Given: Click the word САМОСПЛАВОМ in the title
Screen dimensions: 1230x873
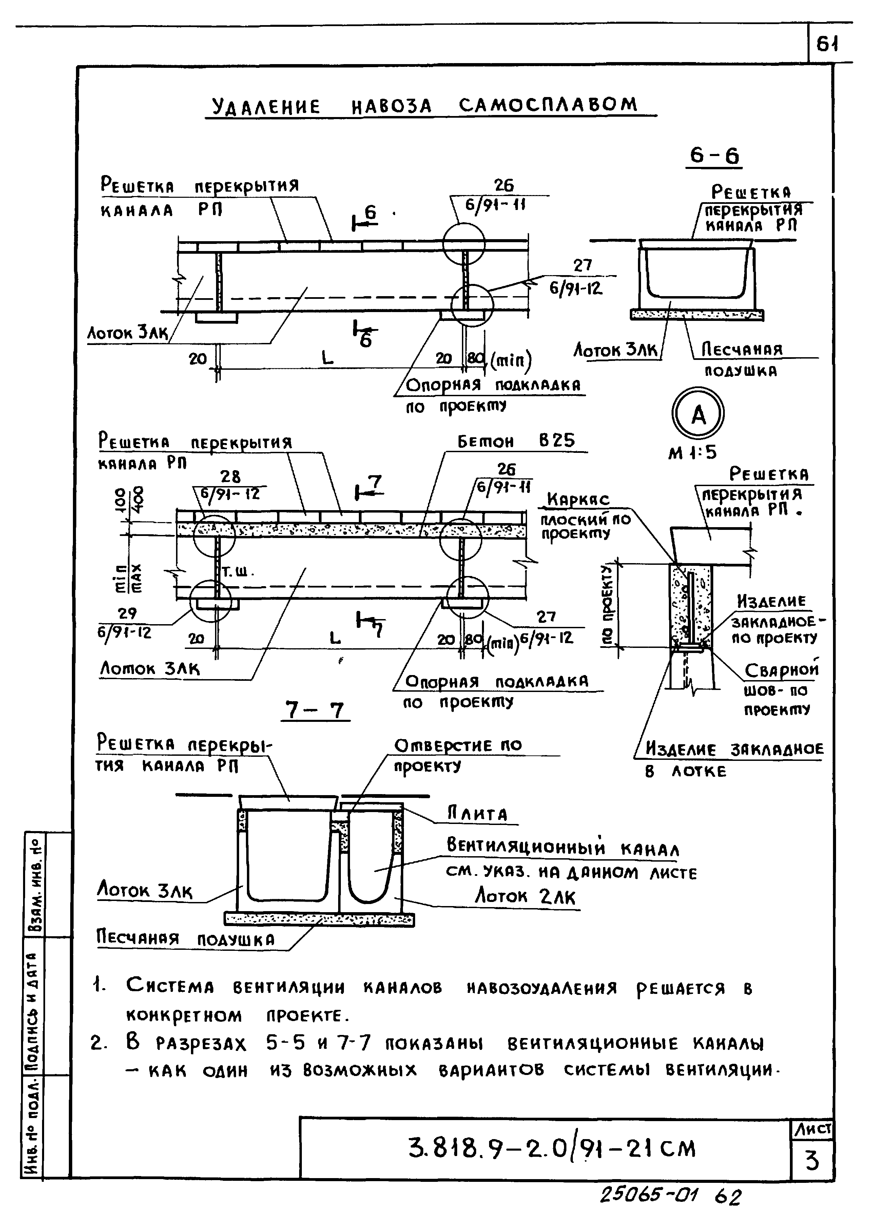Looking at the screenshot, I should (x=548, y=105).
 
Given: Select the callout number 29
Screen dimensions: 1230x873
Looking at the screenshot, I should (x=128, y=613).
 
